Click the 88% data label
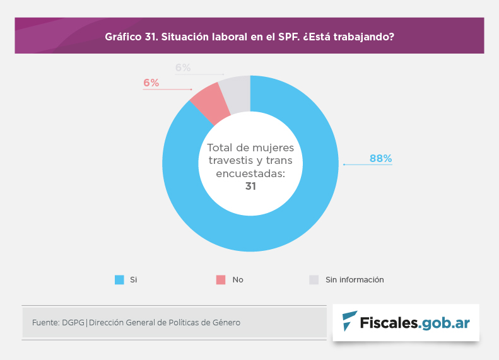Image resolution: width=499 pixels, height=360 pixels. pyautogui.click(x=380, y=159)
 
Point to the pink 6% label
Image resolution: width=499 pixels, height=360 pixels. pyautogui.click(x=151, y=83)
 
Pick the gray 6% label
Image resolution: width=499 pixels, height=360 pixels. pyautogui.click(x=183, y=67)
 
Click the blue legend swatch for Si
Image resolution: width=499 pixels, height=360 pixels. pyautogui.click(x=119, y=280)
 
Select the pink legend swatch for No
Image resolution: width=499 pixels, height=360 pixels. pyautogui.click(x=220, y=280)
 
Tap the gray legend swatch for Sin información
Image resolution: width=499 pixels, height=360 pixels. pyautogui.click(x=314, y=280)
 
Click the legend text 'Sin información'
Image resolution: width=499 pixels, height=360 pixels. pyautogui.click(x=355, y=280)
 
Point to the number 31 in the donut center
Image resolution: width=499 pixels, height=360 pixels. pyautogui.click(x=250, y=186)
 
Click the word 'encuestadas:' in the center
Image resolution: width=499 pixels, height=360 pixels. pyautogui.click(x=250, y=173)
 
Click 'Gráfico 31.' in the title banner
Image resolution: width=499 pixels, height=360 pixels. pyautogui.click(x=131, y=37)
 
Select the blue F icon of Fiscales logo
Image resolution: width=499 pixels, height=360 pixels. pyautogui.click(x=349, y=322)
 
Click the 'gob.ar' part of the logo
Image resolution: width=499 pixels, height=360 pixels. pyautogui.click(x=445, y=322)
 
